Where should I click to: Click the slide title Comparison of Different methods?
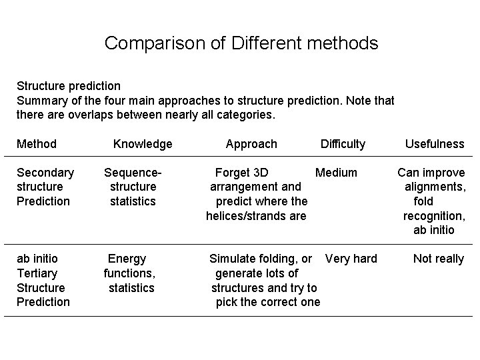[x=241, y=44]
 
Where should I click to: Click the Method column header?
[x=36, y=144]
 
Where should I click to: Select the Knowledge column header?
[x=143, y=144]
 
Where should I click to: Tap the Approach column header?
[x=251, y=144]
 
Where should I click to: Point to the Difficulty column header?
[x=343, y=144]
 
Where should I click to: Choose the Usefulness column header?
[x=435, y=144]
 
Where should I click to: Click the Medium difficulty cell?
[x=336, y=173]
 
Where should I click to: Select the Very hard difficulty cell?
[x=351, y=259]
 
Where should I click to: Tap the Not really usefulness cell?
[x=438, y=259]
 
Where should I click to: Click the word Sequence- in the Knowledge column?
[x=133, y=173]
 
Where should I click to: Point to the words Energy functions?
[x=129, y=265]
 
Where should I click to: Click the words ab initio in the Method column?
[x=37, y=259]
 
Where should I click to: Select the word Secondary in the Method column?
[x=45, y=173]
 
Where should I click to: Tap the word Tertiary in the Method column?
[x=37, y=273]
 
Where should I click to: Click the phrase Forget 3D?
[x=242, y=173]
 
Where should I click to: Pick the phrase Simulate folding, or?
[x=261, y=259]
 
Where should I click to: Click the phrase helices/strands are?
[x=256, y=216]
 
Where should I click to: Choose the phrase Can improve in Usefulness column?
[x=431, y=173]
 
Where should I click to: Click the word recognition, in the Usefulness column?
[x=434, y=216]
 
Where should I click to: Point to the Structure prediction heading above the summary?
[x=68, y=86]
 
